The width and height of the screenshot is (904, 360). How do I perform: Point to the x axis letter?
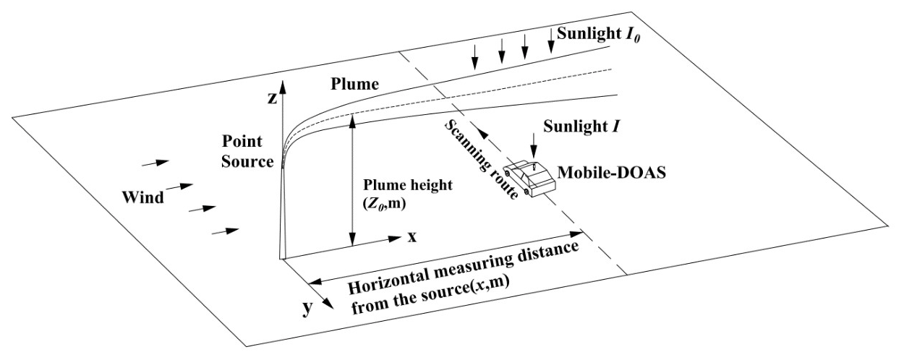tap(412, 236)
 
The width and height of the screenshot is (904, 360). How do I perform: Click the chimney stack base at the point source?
tap(283, 253)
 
